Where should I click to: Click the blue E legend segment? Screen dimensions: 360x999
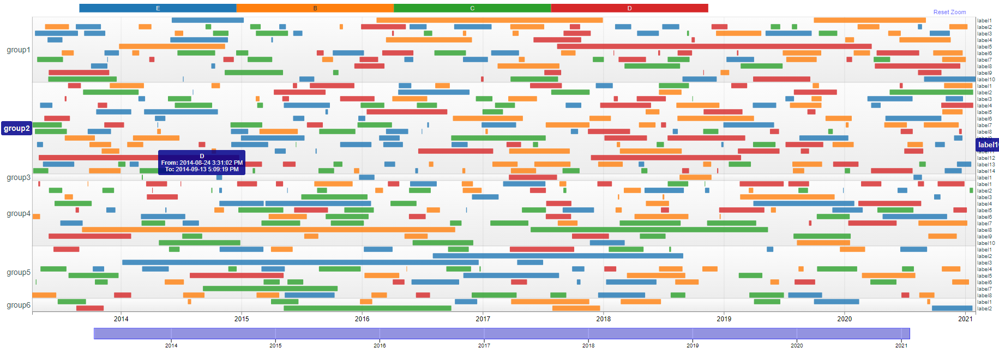tap(158, 8)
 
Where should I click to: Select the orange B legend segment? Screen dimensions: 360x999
tap(315, 8)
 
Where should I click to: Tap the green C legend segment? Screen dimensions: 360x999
tap(472, 8)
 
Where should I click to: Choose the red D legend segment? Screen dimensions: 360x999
tap(629, 8)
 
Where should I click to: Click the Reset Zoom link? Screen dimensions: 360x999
tap(949, 12)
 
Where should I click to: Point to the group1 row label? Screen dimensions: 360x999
tap(19, 50)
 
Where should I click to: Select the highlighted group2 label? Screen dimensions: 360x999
tap(17, 129)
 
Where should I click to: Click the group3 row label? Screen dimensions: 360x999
tap(19, 177)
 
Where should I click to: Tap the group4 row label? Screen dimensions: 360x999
tap(19, 213)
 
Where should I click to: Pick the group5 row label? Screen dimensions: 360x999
tap(19, 272)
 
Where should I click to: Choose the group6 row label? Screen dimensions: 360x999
tap(19, 305)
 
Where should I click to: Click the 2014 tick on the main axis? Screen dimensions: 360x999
tap(121, 319)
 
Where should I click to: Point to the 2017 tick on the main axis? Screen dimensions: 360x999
tap(483, 319)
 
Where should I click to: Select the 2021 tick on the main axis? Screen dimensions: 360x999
tap(965, 319)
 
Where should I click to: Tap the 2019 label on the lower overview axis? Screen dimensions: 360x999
tap(693, 345)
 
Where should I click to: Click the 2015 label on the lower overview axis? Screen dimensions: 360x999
tap(275, 345)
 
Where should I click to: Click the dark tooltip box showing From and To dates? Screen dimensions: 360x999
tap(202, 163)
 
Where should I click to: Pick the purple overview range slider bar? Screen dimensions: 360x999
tap(502, 333)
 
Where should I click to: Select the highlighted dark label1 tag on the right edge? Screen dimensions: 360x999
tap(987, 145)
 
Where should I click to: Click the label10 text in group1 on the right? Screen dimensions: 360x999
tap(986, 80)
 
